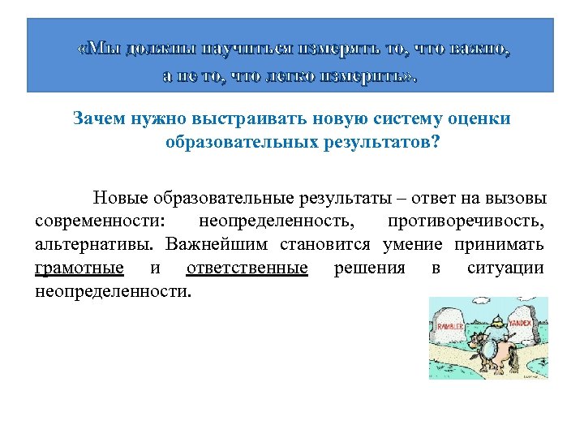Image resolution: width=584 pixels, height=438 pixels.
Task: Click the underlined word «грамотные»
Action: (79, 268)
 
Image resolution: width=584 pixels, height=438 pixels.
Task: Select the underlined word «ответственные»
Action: (247, 268)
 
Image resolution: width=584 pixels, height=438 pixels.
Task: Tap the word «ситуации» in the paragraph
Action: (505, 268)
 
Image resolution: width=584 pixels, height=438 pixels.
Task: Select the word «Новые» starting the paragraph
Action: (120, 198)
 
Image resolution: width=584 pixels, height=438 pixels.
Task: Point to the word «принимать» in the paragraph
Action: (500, 245)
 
